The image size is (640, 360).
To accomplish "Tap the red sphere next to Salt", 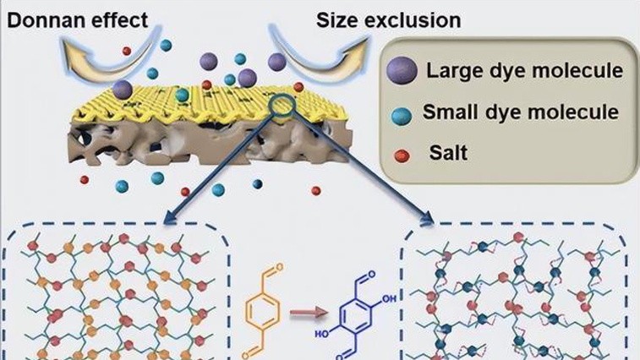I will (x=402, y=155).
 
